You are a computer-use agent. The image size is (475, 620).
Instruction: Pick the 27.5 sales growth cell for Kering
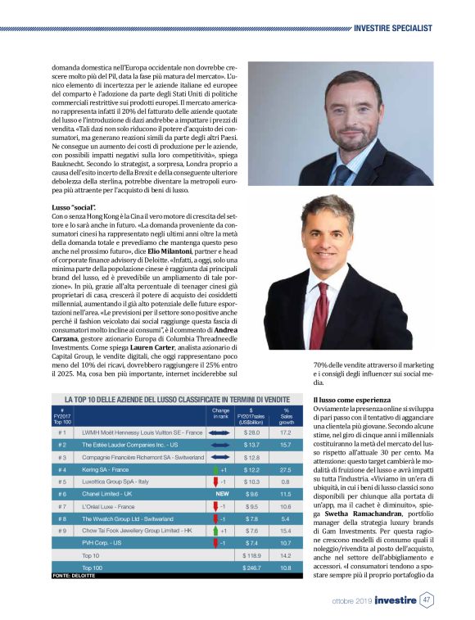[286, 469]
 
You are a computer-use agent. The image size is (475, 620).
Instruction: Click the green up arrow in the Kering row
[213, 469]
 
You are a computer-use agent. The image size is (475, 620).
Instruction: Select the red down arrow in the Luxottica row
[213, 482]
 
